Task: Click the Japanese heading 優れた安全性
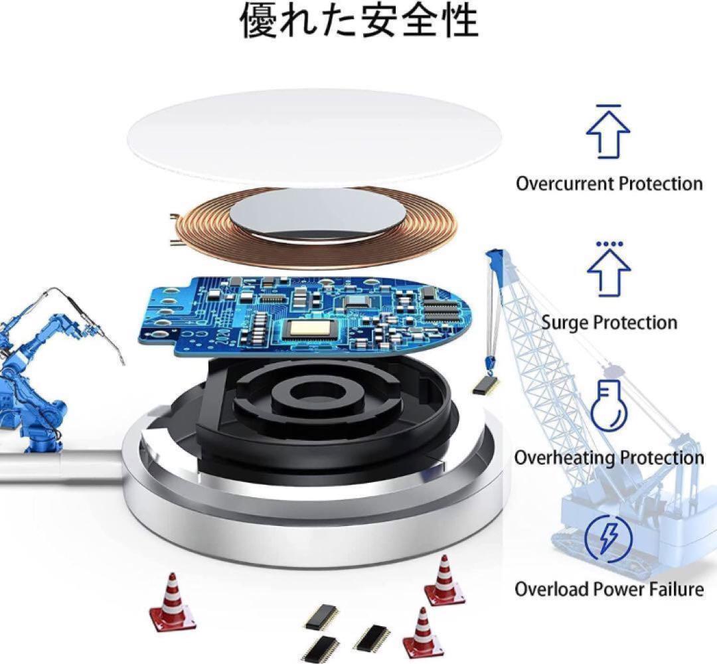point(359,21)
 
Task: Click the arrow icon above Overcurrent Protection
point(608,131)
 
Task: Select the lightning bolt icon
point(609,538)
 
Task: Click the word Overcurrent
point(565,184)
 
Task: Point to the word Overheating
point(565,457)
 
